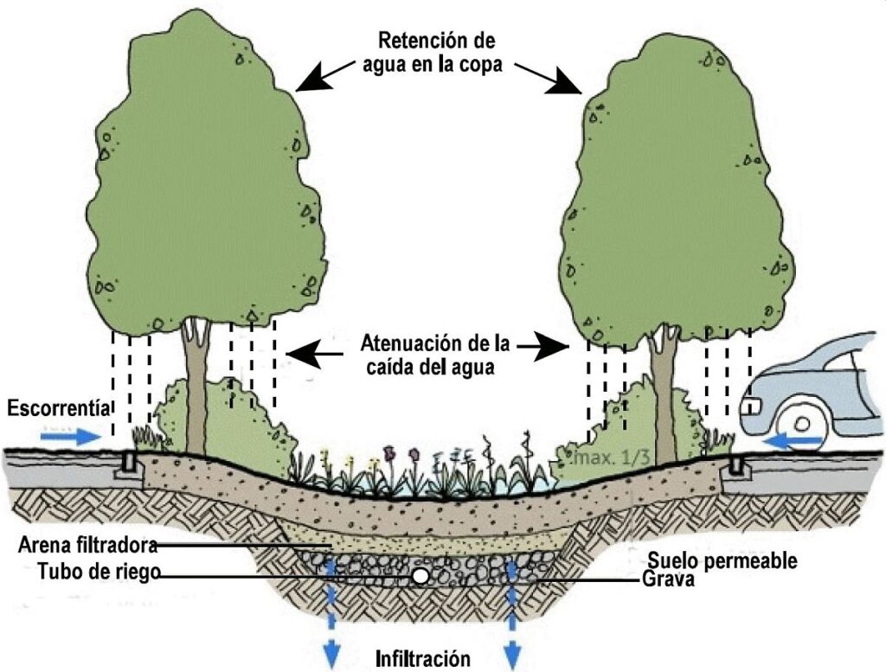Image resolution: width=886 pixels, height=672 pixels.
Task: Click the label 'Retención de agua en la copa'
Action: point(433,53)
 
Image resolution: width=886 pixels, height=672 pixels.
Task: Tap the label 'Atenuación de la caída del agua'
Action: point(434,355)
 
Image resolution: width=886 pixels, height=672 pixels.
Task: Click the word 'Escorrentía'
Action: point(59,407)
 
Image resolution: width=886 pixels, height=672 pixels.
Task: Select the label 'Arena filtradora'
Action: point(87,546)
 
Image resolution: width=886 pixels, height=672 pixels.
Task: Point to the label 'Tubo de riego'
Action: point(99,572)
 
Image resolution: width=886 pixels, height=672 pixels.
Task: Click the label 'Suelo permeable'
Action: point(722,560)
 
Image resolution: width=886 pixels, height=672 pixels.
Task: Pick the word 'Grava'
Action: point(669,579)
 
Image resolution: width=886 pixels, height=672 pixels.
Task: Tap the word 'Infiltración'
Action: point(422,658)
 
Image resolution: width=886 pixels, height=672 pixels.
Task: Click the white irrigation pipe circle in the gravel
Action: point(420,576)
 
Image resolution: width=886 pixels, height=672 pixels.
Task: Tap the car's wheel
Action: point(802,424)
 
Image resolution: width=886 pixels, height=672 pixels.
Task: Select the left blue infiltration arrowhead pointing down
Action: point(331,656)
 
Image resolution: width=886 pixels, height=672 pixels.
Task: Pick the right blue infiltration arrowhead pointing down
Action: point(512,656)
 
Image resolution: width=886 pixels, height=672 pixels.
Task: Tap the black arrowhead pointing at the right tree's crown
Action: point(566,82)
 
